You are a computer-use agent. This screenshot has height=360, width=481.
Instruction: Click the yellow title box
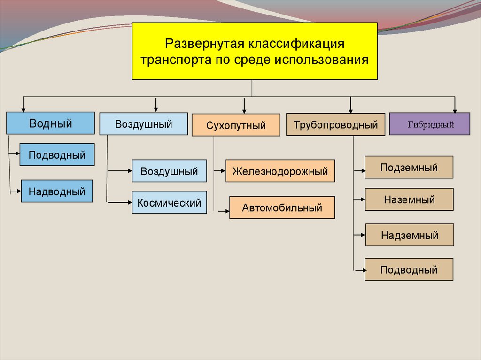tap(254, 51)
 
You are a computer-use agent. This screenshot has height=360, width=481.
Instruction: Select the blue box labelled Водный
tap(50, 123)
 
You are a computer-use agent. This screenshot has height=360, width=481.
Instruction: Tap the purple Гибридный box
tap(429, 124)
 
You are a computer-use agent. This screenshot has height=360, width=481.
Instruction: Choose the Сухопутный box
tap(236, 125)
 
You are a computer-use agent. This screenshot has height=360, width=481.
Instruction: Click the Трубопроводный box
tap(335, 125)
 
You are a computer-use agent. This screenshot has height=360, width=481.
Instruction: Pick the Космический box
tap(169, 203)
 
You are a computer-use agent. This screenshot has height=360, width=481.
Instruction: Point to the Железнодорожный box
tap(280, 171)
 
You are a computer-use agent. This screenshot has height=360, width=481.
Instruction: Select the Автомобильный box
tap(282, 207)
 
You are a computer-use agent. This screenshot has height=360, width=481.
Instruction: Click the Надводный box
tap(57, 191)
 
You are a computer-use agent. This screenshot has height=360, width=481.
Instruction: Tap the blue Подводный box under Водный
tap(57, 155)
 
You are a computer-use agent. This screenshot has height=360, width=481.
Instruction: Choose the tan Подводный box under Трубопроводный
tap(409, 269)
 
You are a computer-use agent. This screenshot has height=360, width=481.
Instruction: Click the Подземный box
tap(409, 167)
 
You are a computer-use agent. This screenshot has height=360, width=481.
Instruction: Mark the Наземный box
tap(409, 199)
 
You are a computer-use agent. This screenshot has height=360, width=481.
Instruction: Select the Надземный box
tap(410, 235)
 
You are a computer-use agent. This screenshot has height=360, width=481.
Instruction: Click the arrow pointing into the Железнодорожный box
tap(220, 171)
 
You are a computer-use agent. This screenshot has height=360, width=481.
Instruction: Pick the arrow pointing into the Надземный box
tap(359, 234)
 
